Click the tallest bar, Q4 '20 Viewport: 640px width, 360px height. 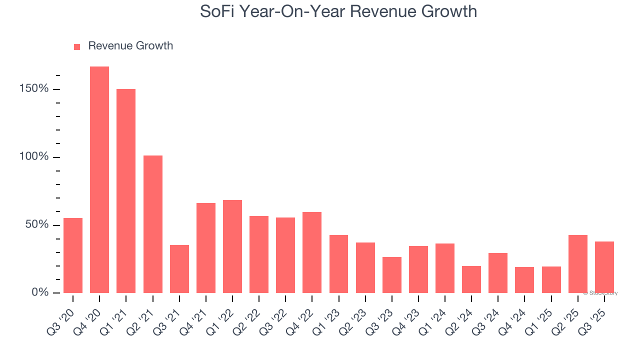click(x=99, y=180)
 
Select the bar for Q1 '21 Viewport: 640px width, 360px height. click(x=126, y=191)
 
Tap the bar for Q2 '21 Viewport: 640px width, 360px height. click(x=152, y=224)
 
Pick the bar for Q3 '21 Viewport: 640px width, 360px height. click(x=179, y=269)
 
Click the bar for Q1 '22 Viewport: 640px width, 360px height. click(x=232, y=246)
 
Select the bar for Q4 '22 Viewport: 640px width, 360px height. click(x=312, y=252)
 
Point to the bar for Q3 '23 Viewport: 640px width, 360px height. click(x=392, y=275)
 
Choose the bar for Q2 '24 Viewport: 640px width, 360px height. click(x=471, y=279)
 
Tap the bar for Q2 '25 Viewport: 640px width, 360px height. click(x=578, y=264)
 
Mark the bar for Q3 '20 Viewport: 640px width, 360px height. click(x=73, y=255)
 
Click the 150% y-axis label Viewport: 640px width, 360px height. click(x=34, y=89)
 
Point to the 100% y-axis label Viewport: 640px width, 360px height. click(x=34, y=157)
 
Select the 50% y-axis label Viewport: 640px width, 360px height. click(x=37, y=224)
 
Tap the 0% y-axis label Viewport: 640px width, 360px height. click(x=40, y=292)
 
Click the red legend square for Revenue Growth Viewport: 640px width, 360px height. click(x=77, y=46)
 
